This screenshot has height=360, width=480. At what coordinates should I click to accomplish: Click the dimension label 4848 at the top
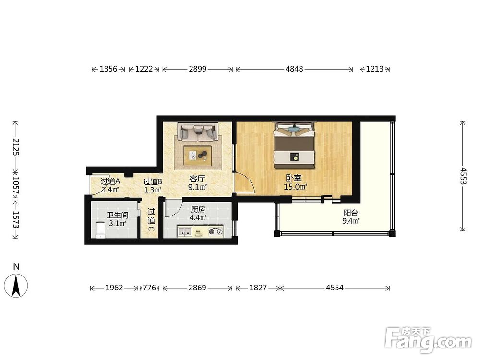pos(294,69)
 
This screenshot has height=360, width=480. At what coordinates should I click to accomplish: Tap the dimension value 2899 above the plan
pos(197,69)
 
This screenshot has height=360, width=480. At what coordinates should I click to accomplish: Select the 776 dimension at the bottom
pos(149,288)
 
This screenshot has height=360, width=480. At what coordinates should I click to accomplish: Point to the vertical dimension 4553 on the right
pos(463,176)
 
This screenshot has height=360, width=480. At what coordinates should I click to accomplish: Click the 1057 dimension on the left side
pos(16,186)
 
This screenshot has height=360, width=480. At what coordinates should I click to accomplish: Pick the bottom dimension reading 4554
pos(335,288)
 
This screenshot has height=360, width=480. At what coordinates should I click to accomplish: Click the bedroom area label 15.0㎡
pos(295,187)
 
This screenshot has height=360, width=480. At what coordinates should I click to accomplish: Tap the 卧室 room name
pos(294,178)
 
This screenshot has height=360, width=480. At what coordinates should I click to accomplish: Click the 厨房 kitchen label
pos(198,210)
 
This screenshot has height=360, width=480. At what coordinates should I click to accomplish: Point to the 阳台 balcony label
pos(351,213)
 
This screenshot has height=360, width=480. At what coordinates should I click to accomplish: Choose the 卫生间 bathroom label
pos(117,215)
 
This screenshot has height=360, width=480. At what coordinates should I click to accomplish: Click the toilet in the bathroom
pos(100,230)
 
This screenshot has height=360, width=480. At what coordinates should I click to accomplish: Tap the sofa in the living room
pos(198,132)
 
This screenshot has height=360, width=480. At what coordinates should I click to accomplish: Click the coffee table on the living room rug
pos(197,156)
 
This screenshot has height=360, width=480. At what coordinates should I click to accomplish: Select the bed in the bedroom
pos(294,145)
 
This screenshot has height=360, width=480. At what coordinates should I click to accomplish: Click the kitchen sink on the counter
pos(185,232)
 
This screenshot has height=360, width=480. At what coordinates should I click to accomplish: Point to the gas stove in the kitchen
pos(216,232)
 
